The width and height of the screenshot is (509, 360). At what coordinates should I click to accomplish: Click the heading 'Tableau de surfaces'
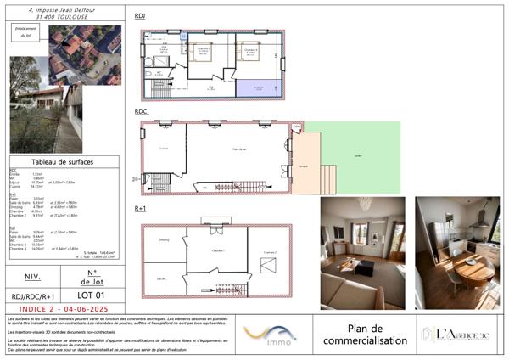point(63,161)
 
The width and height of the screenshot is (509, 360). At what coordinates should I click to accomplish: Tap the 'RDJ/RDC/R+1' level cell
point(33,295)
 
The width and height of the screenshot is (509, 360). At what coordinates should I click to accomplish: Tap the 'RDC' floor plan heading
point(142,111)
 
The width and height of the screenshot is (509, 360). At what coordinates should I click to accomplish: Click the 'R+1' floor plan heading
point(142,208)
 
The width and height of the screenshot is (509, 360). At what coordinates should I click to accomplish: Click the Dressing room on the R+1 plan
point(165,240)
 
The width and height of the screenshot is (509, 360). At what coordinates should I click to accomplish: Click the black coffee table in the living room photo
point(363,269)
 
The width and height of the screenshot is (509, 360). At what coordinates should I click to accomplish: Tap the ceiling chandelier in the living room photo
point(364,205)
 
